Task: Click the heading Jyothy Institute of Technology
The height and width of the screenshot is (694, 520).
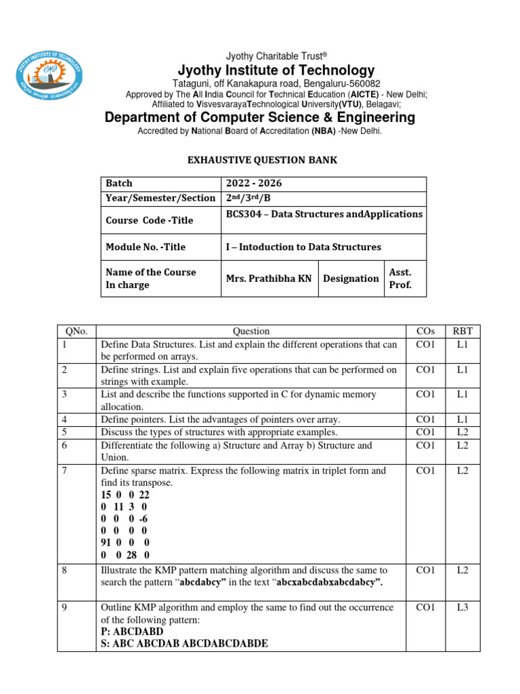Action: click(x=276, y=70)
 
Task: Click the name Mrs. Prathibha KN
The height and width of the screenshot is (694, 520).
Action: click(x=269, y=279)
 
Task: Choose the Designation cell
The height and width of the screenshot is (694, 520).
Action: click(x=351, y=279)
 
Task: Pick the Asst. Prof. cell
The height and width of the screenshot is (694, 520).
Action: click(x=401, y=279)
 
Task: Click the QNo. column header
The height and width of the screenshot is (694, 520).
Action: click(x=76, y=331)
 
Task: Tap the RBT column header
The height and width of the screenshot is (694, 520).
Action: click(x=463, y=331)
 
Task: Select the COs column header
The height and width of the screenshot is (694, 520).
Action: click(x=425, y=331)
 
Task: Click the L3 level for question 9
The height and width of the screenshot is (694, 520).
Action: click(x=463, y=608)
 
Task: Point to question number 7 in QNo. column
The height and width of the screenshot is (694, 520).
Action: click(x=65, y=470)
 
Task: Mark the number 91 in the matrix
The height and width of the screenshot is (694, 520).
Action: click(x=108, y=543)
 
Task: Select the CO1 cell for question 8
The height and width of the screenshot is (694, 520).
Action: click(x=425, y=571)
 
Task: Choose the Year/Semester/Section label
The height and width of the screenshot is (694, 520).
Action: click(x=160, y=199)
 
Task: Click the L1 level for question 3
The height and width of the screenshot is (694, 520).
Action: click(x=463, y=394)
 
